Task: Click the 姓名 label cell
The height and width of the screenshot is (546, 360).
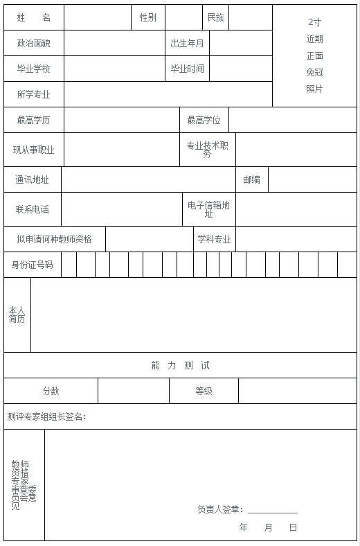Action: point(34,17)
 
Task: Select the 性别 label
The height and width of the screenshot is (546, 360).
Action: point(147,17)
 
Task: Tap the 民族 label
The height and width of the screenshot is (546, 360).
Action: point(215,17)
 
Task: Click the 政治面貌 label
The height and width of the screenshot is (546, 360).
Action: point(34,43)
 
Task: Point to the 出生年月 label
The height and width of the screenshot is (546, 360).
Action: point(187,43)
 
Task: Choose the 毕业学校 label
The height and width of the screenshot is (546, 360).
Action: point(34,69)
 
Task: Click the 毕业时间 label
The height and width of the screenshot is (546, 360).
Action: point(187,69)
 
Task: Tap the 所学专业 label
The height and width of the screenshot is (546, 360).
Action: point(34,94)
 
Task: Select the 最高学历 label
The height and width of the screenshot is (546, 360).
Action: point(34,120)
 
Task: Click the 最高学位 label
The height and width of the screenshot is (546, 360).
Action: point(204,120)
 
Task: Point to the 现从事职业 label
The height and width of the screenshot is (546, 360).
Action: point(34,150)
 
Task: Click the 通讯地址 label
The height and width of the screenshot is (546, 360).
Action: point(33,179)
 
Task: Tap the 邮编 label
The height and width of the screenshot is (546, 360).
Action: point(251,179)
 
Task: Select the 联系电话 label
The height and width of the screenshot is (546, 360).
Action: point(33,209)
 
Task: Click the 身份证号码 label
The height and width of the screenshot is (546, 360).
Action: point(32,265)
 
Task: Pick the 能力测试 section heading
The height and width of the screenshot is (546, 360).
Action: point(180,365)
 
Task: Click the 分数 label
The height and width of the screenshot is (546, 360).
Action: point(51,391)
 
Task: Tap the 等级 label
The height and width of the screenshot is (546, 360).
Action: point(204,391)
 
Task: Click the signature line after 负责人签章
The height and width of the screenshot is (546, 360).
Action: point(272,510)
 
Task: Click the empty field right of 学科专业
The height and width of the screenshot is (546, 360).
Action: point(296,239)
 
